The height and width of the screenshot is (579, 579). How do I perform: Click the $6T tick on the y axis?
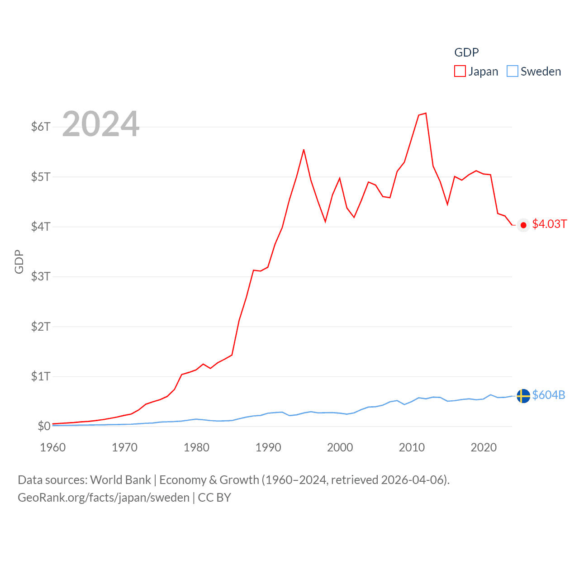point(41,127)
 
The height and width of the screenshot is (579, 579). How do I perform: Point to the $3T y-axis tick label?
point(41,276)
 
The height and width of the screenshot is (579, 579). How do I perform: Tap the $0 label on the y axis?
point(44,426)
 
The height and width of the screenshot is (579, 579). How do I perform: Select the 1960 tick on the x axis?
point(53,447)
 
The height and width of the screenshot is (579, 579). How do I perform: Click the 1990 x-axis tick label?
point(268,447)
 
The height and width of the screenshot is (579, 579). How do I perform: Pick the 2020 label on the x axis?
point(484,447)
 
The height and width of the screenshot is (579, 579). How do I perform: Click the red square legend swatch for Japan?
point(460,71)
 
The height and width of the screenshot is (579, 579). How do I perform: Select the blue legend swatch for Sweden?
point(513,71)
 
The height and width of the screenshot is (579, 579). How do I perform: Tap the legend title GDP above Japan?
point(466,52)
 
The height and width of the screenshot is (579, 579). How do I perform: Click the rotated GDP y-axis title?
point(19,261)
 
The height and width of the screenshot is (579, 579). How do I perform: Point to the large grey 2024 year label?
point(101,124)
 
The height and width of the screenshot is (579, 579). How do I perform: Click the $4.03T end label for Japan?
point(549,224)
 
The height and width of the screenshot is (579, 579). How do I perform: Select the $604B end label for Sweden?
point(549,395)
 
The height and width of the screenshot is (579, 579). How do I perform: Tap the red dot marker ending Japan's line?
point(523,225)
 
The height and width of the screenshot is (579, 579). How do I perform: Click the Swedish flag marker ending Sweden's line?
point(523,396)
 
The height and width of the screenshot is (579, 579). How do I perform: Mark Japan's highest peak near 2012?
point(426,113)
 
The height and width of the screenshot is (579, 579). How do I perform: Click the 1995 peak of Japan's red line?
point(304,149)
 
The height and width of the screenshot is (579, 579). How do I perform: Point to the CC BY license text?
point(214,498)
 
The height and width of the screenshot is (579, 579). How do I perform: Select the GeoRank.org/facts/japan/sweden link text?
point(104,498)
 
